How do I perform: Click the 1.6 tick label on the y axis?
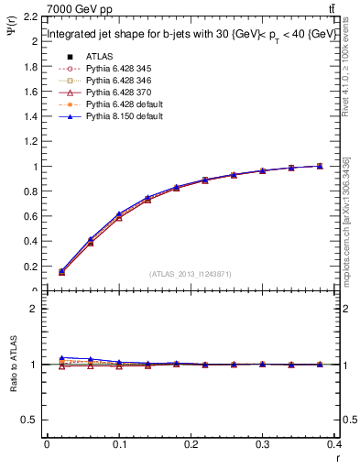30,93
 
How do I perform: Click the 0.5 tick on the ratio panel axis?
30,420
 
